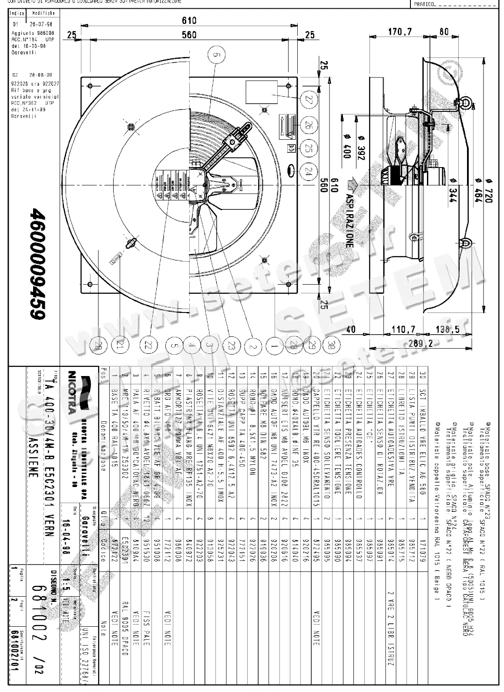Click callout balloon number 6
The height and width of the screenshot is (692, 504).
click(x=216, y=55)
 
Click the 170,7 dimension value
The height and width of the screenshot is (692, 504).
click(x=400, y=31)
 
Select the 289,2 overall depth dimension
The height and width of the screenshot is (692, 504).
click(x=421, y=343)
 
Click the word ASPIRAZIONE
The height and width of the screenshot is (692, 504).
click(x=349, y=220)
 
